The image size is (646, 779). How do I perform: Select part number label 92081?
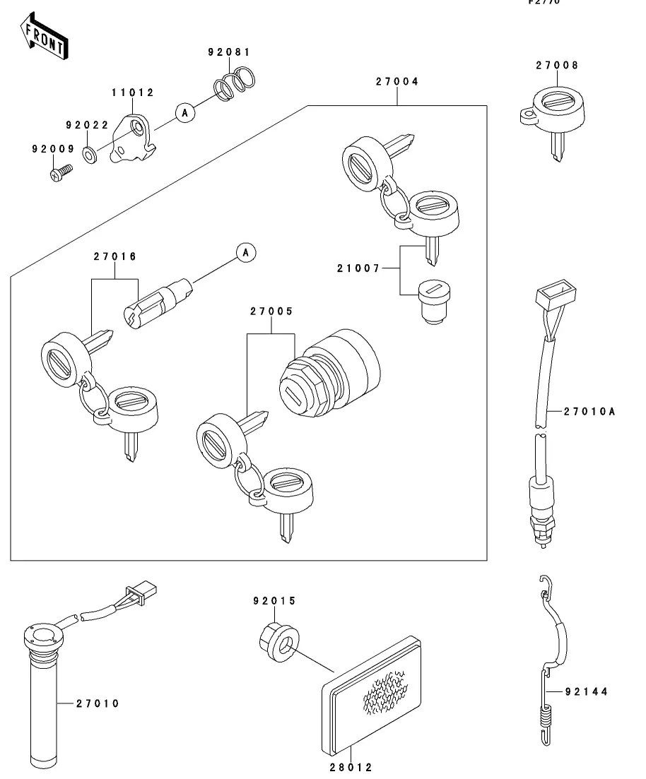[229, 52]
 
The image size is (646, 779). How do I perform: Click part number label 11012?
[132, 93]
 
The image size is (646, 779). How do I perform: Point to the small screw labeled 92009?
[61, 172]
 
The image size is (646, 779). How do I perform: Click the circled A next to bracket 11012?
[185, 112]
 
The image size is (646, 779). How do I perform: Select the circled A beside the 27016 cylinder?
[246, 251]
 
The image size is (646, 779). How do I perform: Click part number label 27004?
[397, 82]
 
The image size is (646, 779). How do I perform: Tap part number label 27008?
[557, 65]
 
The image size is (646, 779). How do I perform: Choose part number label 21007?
[358, 268]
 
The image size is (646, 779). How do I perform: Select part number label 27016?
[114, 256]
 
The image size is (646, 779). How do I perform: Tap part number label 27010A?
[590, 410]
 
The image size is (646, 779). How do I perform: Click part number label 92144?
[587, 691]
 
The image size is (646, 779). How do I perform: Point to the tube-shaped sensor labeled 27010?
[44, 696]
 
